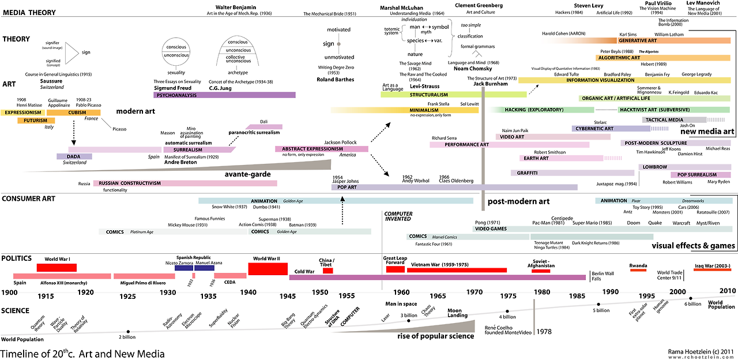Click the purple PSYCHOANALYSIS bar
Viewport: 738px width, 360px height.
coord(224,95)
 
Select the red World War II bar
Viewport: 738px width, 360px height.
coord(268,269)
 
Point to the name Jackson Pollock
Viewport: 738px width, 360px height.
coord(340,142)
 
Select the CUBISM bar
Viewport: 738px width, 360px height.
coord(77,112)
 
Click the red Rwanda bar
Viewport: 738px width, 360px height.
coord(638,270)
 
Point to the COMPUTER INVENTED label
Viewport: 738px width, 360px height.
coord(398,216)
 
